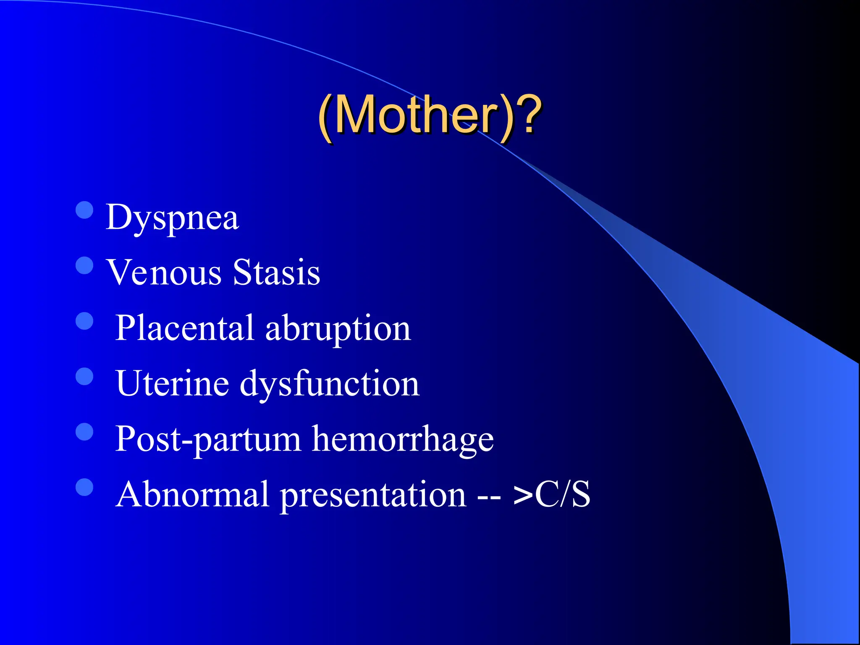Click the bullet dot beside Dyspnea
[x=84, y=210]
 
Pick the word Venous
[x=164, y=273]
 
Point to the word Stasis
[x=276, y=273]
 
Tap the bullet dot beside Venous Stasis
[x=84, y=265]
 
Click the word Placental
[x=185, y=328]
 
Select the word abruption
[x=338, y=328]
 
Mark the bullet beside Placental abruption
[x=84, y=321]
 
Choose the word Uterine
[x=172, y=384]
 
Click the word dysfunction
[x=330, y=384]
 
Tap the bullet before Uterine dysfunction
[x=84, y=376]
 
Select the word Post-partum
[x=208, y=439]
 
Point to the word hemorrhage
[x=403, y=439]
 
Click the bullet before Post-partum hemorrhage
[x=84, y=432]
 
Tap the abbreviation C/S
[x=563, y=495]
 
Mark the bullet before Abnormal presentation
[x=84, y=487]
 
